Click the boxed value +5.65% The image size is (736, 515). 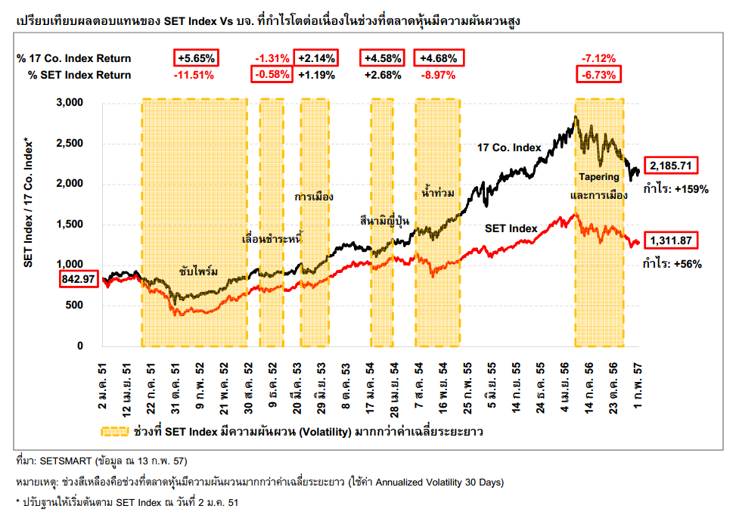197,58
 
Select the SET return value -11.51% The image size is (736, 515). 194,75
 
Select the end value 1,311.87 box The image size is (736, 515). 669,240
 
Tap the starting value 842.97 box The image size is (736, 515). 78,279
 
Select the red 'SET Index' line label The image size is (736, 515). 511,228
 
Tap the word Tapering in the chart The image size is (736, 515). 599,177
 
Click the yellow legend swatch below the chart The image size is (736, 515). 113,432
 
